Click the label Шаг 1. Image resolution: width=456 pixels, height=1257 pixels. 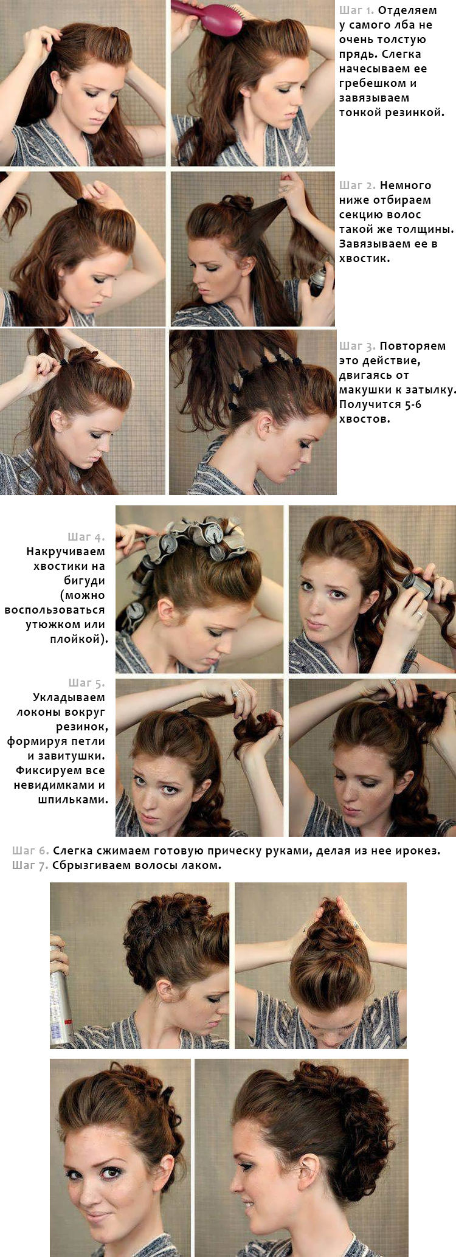(x=356, y=10)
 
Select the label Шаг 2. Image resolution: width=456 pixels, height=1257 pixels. (x=358, y=185)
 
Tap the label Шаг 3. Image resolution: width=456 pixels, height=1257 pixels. (x=358, y=346)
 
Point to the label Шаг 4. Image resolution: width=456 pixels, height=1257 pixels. (x=86, y=537)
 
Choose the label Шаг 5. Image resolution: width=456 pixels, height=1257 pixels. (x=86, y=683)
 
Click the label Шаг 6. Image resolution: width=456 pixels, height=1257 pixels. (x=30, y=851)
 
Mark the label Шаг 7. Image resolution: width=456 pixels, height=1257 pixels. (x=30, y=865)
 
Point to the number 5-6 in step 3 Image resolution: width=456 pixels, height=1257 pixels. (x=413, y=404)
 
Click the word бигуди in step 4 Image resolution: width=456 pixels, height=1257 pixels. (x=85, y=581)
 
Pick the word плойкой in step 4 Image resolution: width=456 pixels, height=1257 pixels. (x=78, y=640)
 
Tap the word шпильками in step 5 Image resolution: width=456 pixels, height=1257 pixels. (x=73, y=800)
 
